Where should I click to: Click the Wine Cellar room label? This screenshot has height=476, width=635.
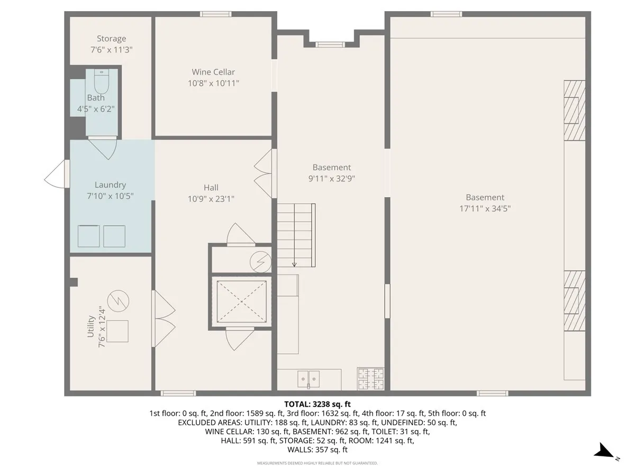(x=213, y=72)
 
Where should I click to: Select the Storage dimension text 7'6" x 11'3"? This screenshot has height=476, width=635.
(x=111, y=49)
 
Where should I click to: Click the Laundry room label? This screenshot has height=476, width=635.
(x=110, y=185)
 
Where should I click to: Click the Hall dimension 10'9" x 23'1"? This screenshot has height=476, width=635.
(x=211, y=199)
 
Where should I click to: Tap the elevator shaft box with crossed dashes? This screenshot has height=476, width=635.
(x=241, y=300)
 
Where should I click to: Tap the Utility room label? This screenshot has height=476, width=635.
(x=91, y=326)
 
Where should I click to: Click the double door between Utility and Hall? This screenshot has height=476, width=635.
(x=164, y=318)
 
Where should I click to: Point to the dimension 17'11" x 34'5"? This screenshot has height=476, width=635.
(x=485, y=208)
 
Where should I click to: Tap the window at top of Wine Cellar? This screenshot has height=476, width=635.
(x=216, y=14)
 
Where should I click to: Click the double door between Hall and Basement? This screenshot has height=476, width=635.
(x=265, y=173)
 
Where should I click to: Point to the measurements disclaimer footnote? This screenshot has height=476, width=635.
(x=317, y=463)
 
